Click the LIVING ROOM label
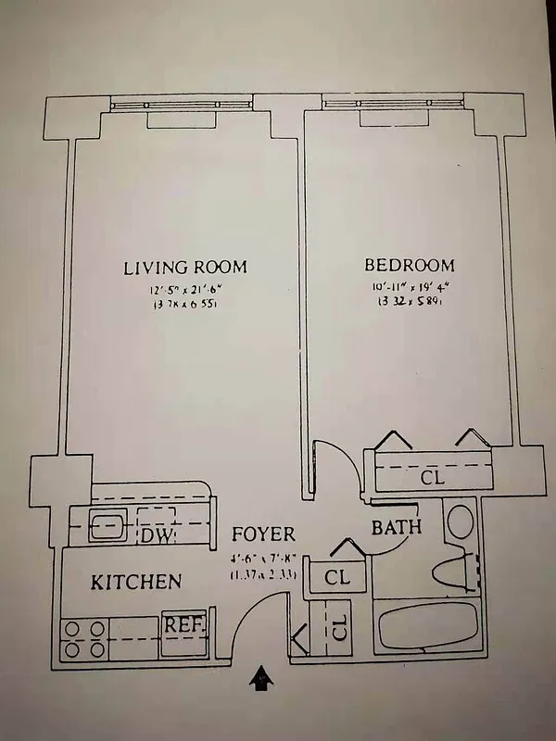pyautogui.click(x=185, y=268)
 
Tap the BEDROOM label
pyautogui.click(x=409, y=265)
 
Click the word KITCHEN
pyautogui.click(x=135, y=583)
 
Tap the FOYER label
pyautogui.click(x=263, y=534)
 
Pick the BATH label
pyautogui.click(x=397, y=528)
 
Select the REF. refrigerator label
pyautogui.click(x=183, y=624)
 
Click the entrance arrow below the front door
pyautogui.click(x=262, y=680)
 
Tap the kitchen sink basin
pyautogui.click(x=107, y=525)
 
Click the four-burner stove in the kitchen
pyautogui.click(x=83, y=639)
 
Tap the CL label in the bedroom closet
pyautogui.click(x=433, y=478)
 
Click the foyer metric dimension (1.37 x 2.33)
pyautogui.click(x=263, y=574)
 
